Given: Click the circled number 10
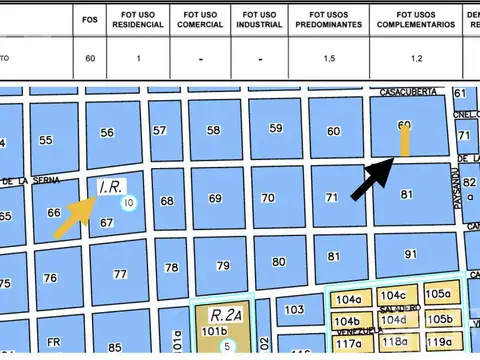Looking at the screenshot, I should pos(129,203).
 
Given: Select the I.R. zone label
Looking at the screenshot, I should pos(110,187).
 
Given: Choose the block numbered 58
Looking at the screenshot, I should pos(212,130).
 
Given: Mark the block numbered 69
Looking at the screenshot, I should pos(215,199).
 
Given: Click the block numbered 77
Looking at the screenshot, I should pos(120,273).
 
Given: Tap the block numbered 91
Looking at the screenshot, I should pos(409,254).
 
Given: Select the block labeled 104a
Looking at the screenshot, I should pos(348,300).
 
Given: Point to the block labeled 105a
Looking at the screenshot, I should pos(437,294).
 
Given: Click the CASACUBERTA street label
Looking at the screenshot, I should pos(403,92).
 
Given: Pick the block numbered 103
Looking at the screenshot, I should pos(293,311).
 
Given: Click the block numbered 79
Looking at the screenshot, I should pos(223,266).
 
